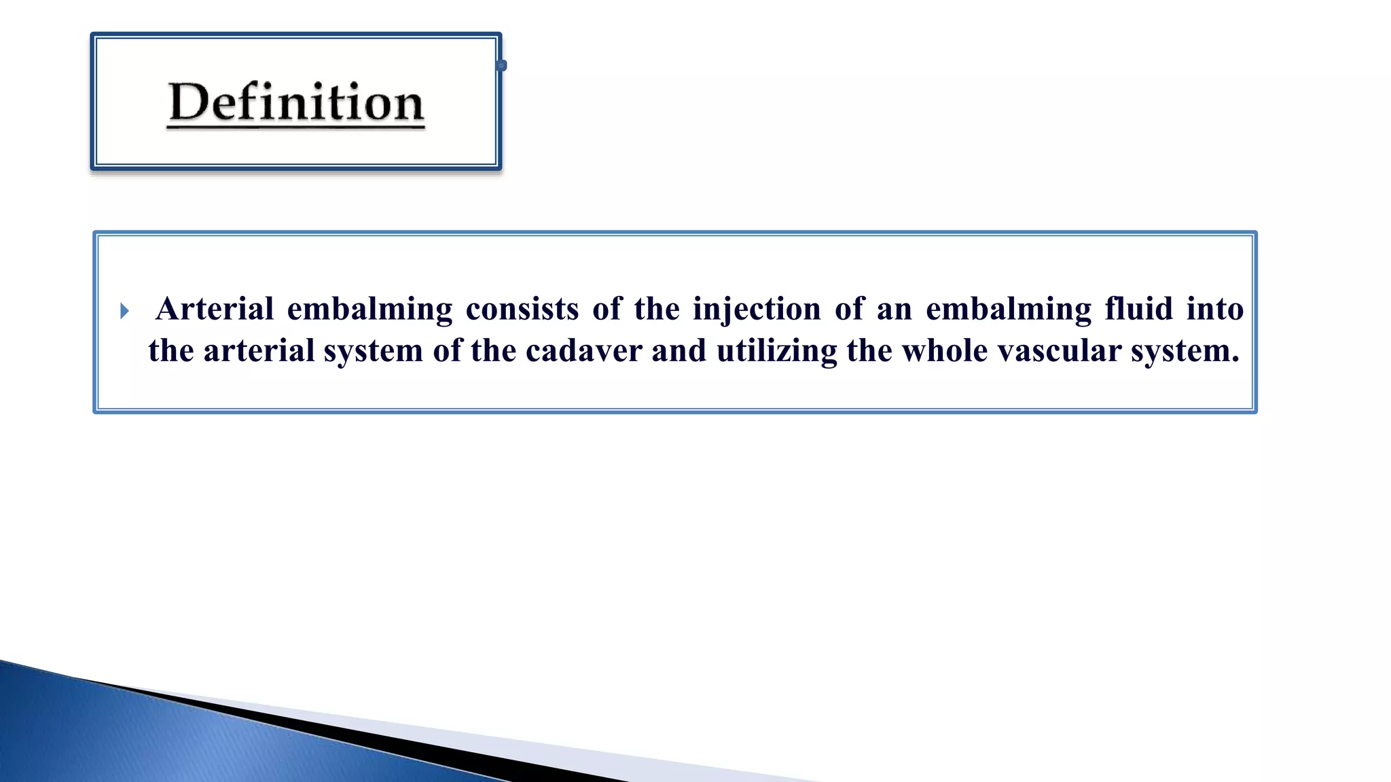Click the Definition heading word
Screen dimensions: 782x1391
click(296, 103)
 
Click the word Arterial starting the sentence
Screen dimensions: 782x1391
click(215, 309)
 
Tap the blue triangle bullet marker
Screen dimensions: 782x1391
click(124, 312)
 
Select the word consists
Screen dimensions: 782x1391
click(522, 309)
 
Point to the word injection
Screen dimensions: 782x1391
click(757, 309)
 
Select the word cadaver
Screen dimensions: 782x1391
click(583, 351)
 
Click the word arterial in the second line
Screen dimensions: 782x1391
click(259, 351)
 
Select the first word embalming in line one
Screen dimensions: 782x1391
click(369, 310)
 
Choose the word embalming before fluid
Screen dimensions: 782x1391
click(1008, 310)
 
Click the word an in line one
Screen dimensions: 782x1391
click(894, 310)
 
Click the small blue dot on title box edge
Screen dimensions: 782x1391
click(502, 66)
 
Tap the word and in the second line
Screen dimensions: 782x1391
click(679, 351)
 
